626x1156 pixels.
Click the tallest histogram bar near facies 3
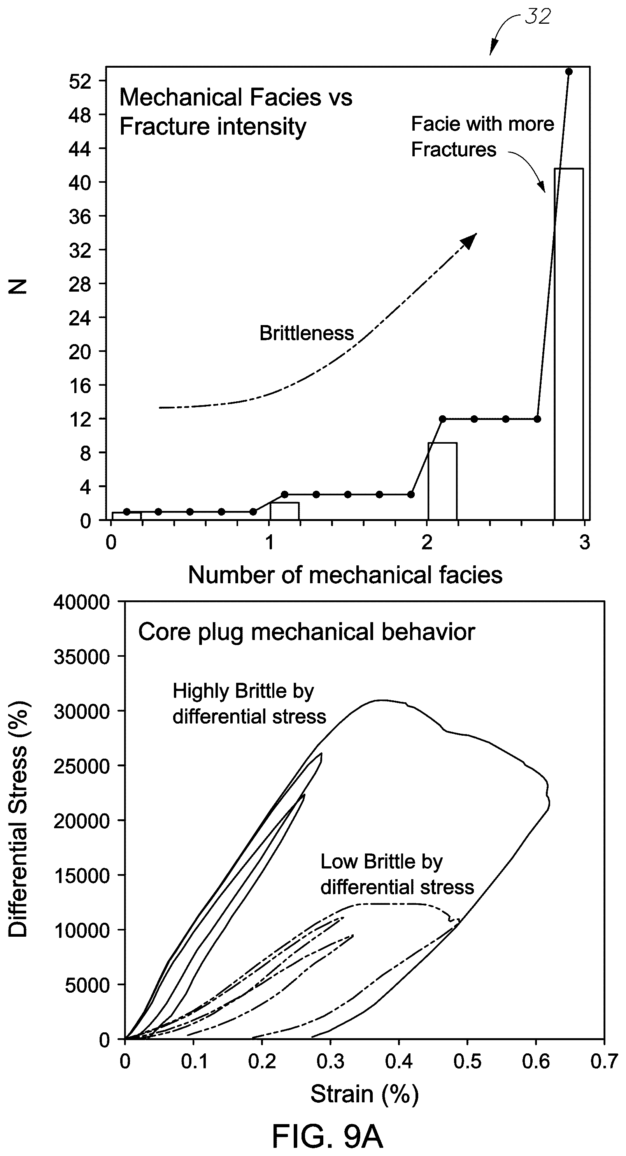[568, 344]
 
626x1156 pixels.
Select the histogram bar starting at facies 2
[442, 481]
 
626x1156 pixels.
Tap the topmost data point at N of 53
[568, 72]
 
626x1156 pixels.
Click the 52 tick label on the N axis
[80, 81]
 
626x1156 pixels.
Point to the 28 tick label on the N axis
[80, 284]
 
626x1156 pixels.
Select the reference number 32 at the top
[538, 17]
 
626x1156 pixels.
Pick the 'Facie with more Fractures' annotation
[482, 136]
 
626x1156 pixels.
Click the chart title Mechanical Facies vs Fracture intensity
[236, 112]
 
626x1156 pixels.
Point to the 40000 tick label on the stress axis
[82, 602]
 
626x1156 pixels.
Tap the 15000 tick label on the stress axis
[82, 876]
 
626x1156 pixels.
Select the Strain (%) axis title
[365, 1094]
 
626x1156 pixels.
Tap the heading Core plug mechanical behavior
[306, 632]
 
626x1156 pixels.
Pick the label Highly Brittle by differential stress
[249, 704]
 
